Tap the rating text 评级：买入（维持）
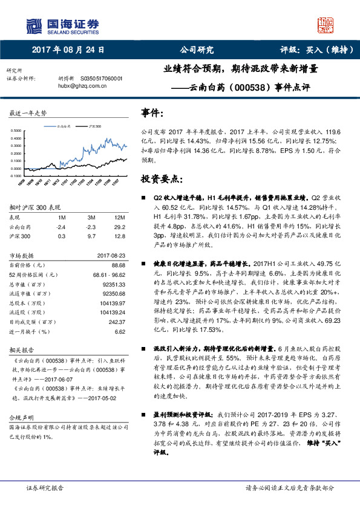tap(315, 50)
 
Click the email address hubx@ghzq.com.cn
tap(82, 86)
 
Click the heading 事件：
tap(152, 114)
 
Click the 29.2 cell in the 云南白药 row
tap(119, 227)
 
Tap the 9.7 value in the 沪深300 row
tap(89, 236)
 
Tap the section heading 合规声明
tap(19, 418)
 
